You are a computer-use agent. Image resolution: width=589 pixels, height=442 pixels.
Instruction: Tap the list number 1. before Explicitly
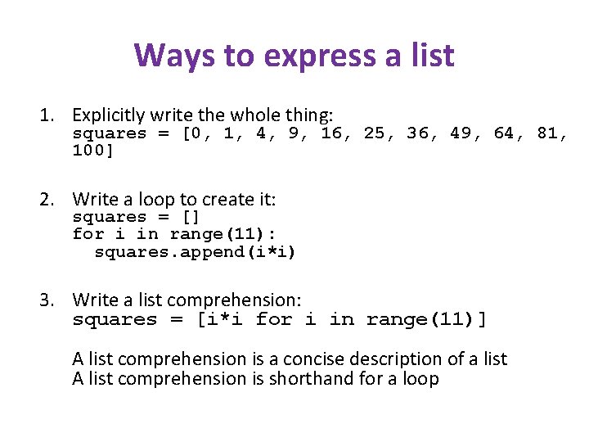point(50,115)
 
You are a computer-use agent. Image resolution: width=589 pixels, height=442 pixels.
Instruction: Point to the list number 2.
point(50,199)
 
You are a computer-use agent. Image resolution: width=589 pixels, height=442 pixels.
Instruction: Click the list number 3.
point(50,300)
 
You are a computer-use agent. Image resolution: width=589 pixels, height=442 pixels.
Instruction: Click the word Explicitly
point(106,115)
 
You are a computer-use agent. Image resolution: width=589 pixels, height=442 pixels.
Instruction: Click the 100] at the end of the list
point(94,151)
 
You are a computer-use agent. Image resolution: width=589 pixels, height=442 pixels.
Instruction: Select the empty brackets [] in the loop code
point(189,217)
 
